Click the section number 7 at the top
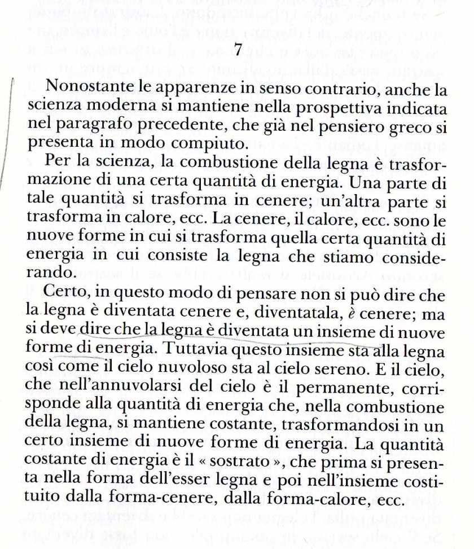point(238,50)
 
